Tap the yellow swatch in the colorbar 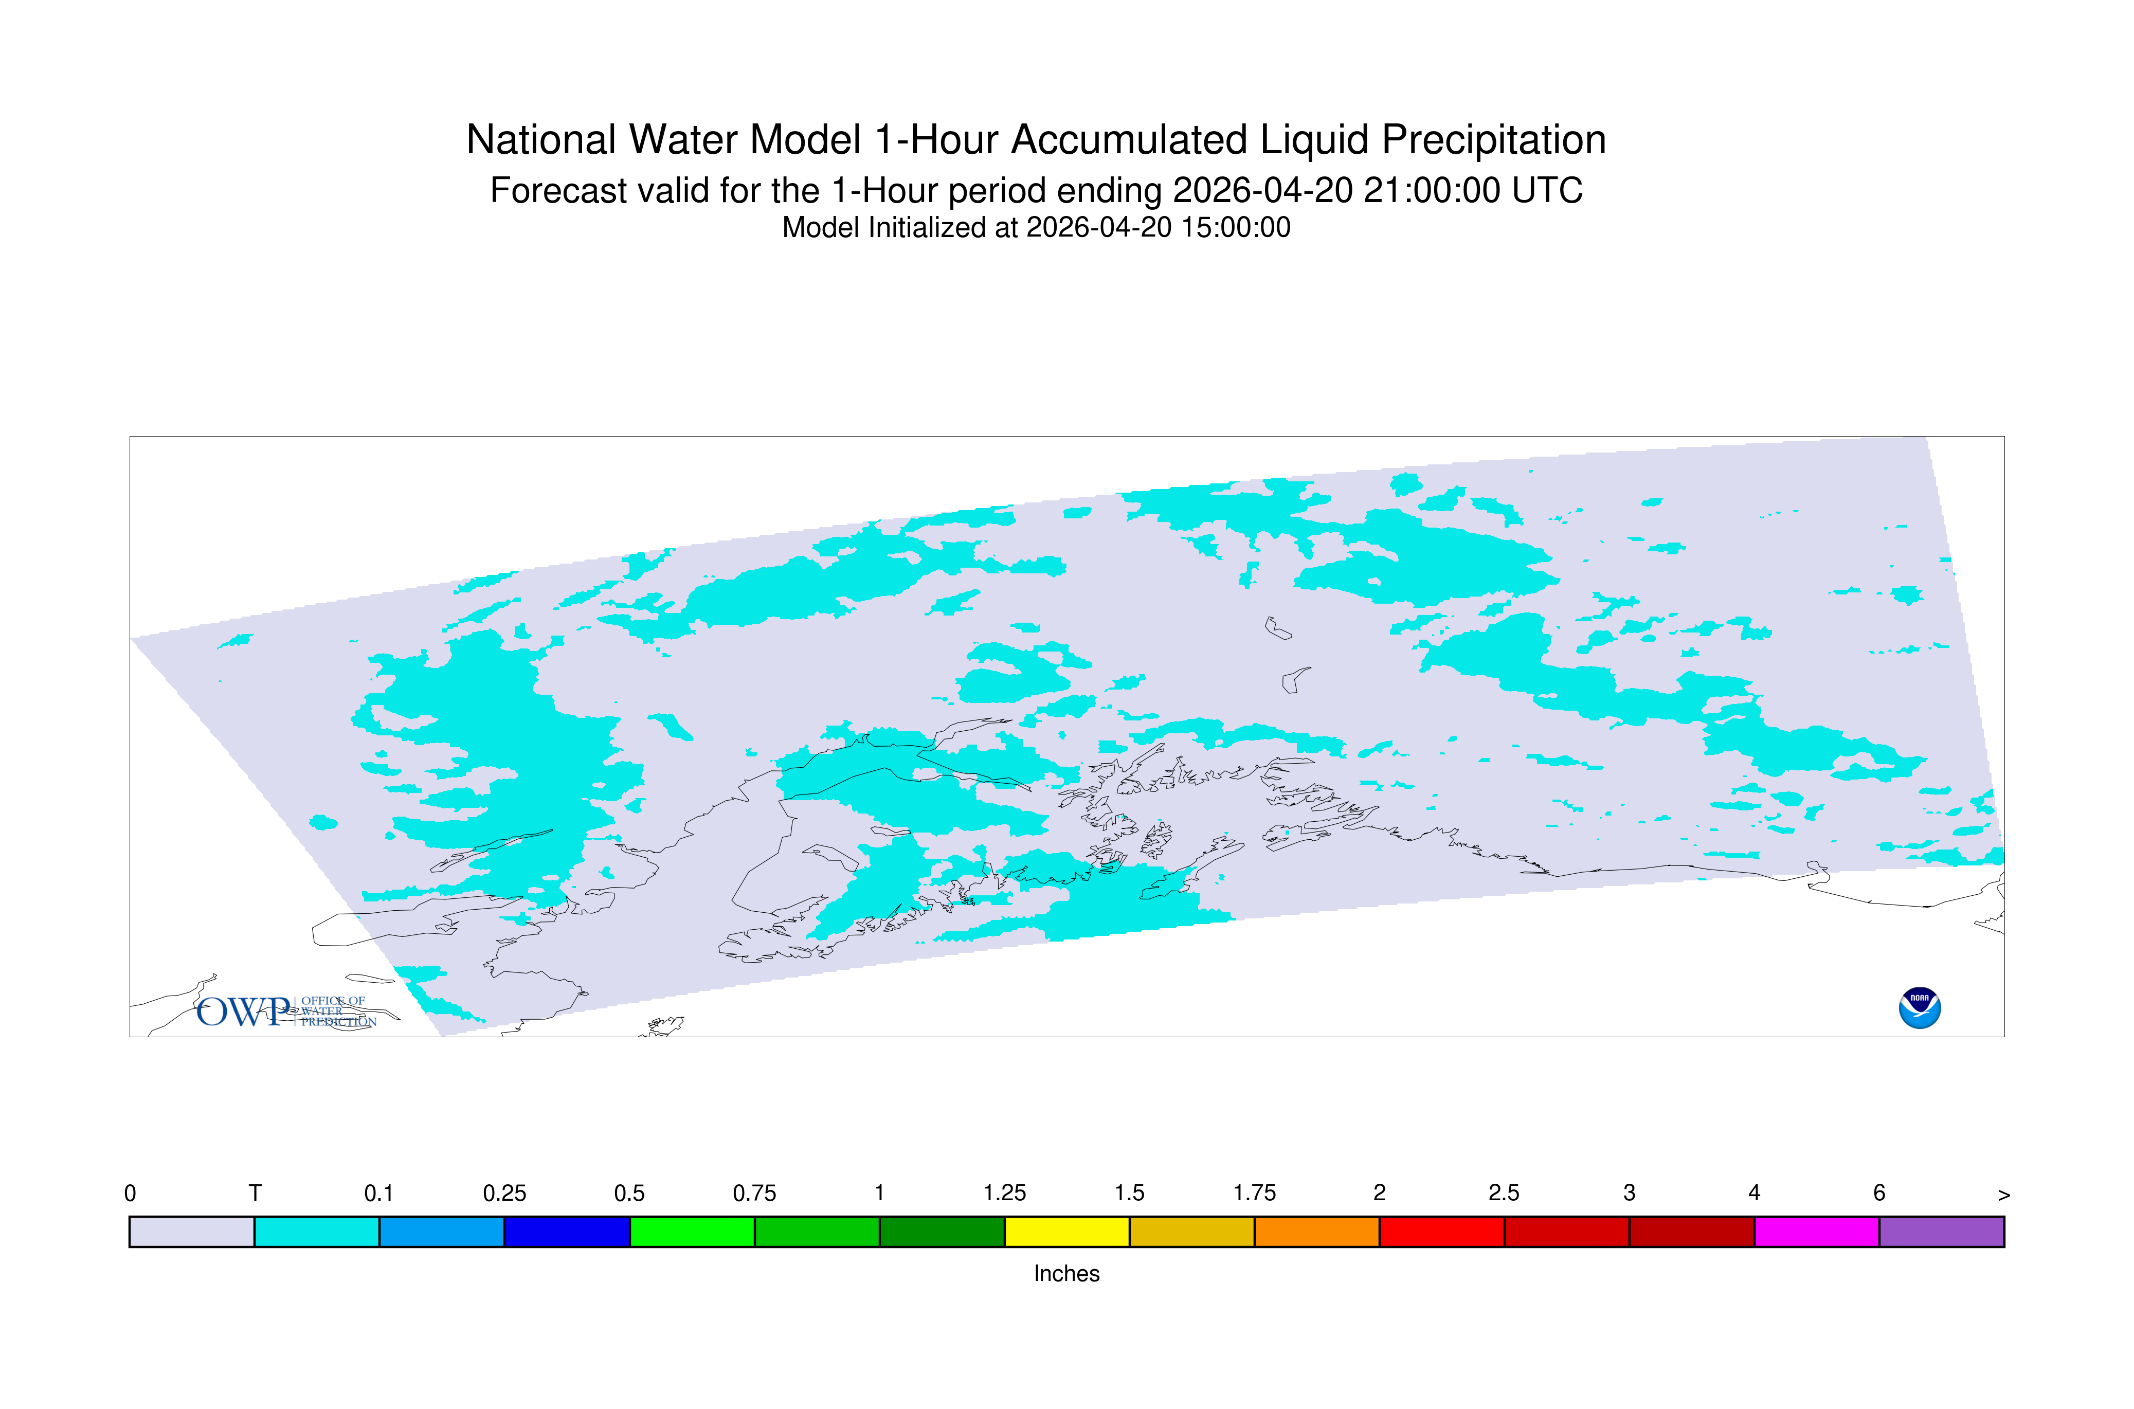point(1066,1232)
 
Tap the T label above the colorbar point(255,1194)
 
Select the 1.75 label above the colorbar point(1254,1194)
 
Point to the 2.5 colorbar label point(1504,1194)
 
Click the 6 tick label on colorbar point(1879,1194)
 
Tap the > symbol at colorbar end point(2004,1195)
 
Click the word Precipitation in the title point(1493,140)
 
